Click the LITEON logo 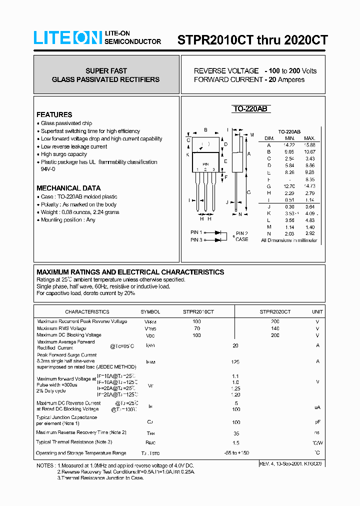point(67,38)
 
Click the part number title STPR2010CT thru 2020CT point(252,40)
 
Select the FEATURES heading point(54,114)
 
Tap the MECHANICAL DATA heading point(68,188)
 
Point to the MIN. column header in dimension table point(290,138)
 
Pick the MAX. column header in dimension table point(309,138)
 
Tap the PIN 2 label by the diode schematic point(241,233)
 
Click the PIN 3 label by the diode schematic point(196,240)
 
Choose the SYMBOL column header point(150,311)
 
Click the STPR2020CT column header point(275,311)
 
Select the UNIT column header point(317,311)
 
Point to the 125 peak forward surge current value point(235,361)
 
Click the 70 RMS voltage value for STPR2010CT point(197,328)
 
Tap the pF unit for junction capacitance point(317,422)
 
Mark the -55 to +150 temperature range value point(236,453)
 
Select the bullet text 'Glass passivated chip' point(66,123)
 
